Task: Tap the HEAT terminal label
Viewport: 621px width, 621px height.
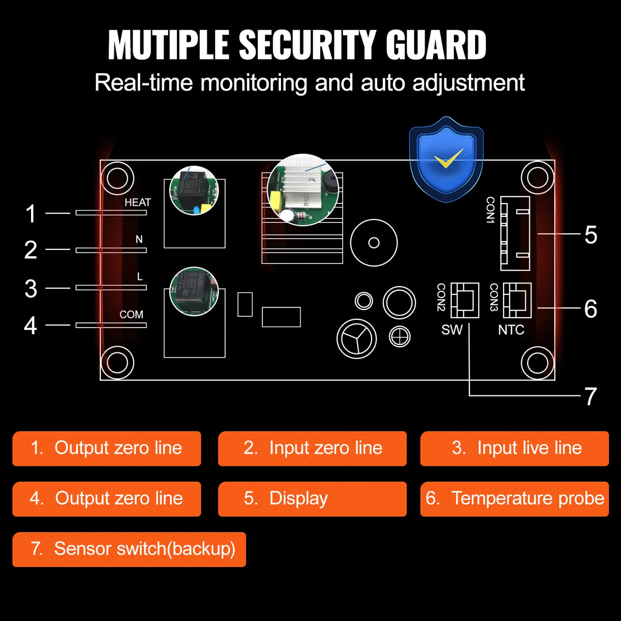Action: pyautogui.click(x=138, y=202)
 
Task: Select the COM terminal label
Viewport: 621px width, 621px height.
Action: pyautogui.click(x=131, y=315)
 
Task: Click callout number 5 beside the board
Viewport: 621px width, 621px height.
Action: pyautogui.click(x=590, y=235)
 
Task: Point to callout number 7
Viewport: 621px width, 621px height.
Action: pyautogui.click(x=590, y=397)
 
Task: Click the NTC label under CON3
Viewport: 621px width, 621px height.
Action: pyautogui.click(x=511, y=330)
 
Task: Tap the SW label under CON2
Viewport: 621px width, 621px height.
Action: pyautogui.click(x=452, y=330)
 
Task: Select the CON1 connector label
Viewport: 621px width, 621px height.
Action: pyautogui.click(x=491, y=210)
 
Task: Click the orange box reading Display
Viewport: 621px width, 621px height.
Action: pyautogui.click(x=312, y=499)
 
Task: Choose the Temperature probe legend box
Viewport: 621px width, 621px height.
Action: pyautogui.click(x=514, y=499)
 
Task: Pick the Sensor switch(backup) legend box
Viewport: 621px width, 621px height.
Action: pyautogui.click(x=129, y=549)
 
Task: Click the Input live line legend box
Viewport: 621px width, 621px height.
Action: pyautogui.click(x=514, y=449)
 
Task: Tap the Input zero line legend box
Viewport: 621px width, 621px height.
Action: pyautogui.click(x=312, y=449)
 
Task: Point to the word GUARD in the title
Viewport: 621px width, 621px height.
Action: pyautogui.click(x=436, y=46)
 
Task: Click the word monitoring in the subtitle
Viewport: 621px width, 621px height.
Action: pyautogui.click(x=255, y=83)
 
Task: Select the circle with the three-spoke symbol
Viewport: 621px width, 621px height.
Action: pyautogui.click(x=357, y=339)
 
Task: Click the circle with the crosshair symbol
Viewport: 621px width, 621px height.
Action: pyautogui.click(x=400, y=337)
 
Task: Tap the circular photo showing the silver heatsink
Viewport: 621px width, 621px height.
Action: pyautogui.click(x=304, y=189)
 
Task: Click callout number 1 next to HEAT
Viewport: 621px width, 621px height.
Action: pyautogui.click(x=31, y=214)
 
